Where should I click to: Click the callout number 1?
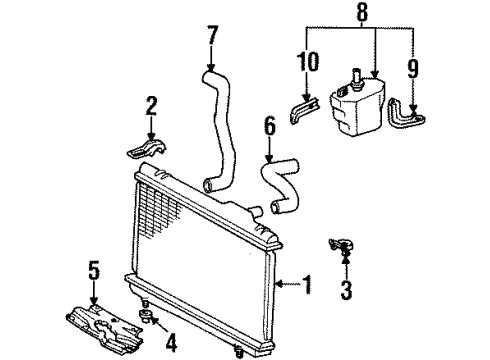[x=307, y=284]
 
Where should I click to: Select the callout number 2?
[x=151, y=107]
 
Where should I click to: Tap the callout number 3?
[x=346, y=290]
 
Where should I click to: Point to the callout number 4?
[x=170, y=343]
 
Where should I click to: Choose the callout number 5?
[x=94, y=271]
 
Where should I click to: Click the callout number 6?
[x=270, y=126]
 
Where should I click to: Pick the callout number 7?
[x=212, y=35]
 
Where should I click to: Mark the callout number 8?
[x=362, y=11]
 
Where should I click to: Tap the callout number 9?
[x=413, y=69]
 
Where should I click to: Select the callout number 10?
[x=308, y=62]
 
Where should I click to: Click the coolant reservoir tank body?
[x=357, y=106]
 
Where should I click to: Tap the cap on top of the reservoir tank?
[x=357, y=79]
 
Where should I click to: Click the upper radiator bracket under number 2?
[x=147, y=148]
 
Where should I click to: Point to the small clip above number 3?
[x=341, y=246]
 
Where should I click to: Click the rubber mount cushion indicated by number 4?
[x=145, y=315]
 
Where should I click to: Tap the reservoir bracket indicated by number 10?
[x=305, y=110]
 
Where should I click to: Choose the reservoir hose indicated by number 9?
[x=406, y=114]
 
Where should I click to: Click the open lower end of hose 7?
[x=208, y=186]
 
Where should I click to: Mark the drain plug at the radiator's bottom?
[x=238, y=352]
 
